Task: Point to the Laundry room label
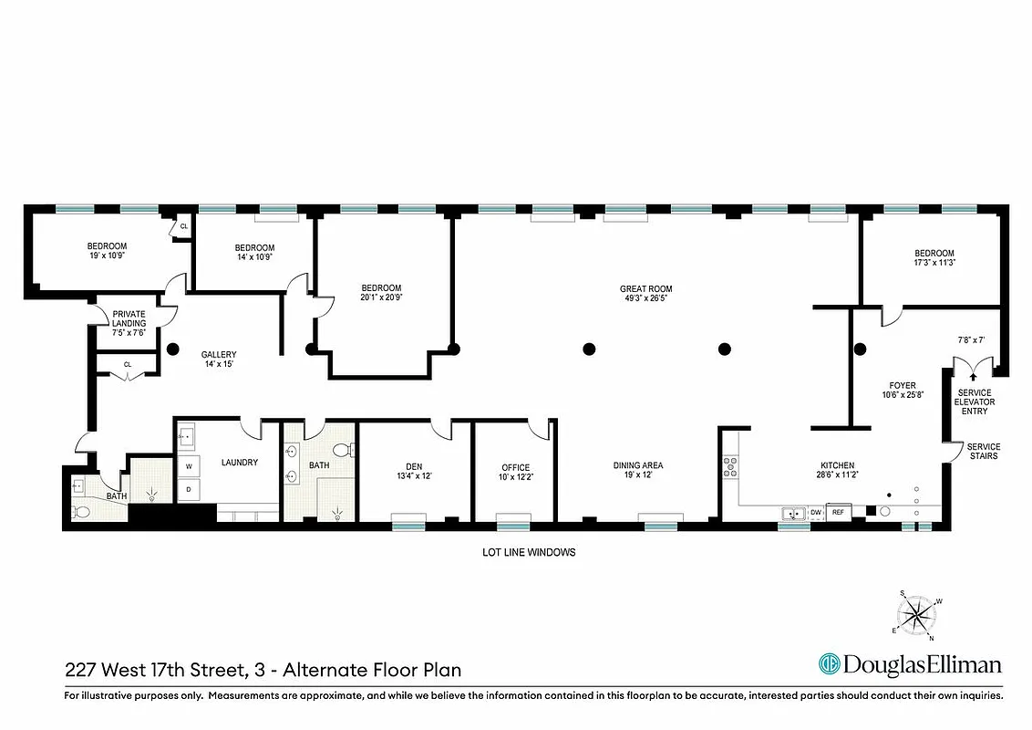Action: click(239, 463)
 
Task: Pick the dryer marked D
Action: click(189, 489)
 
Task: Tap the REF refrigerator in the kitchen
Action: click(838, 513)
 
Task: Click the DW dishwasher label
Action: click(815, 513)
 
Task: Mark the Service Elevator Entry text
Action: click(975, 401)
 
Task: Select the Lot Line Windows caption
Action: click(529, 552)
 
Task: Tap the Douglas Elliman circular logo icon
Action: click(830, 663)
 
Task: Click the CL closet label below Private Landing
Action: click(128, 364)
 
